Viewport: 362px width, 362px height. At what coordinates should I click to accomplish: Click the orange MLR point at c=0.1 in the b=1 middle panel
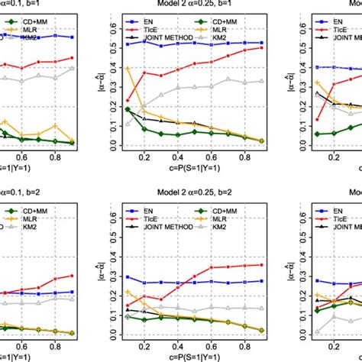(x=127, y=69)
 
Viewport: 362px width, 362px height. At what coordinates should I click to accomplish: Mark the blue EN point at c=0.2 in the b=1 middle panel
(x=144, y=40)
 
